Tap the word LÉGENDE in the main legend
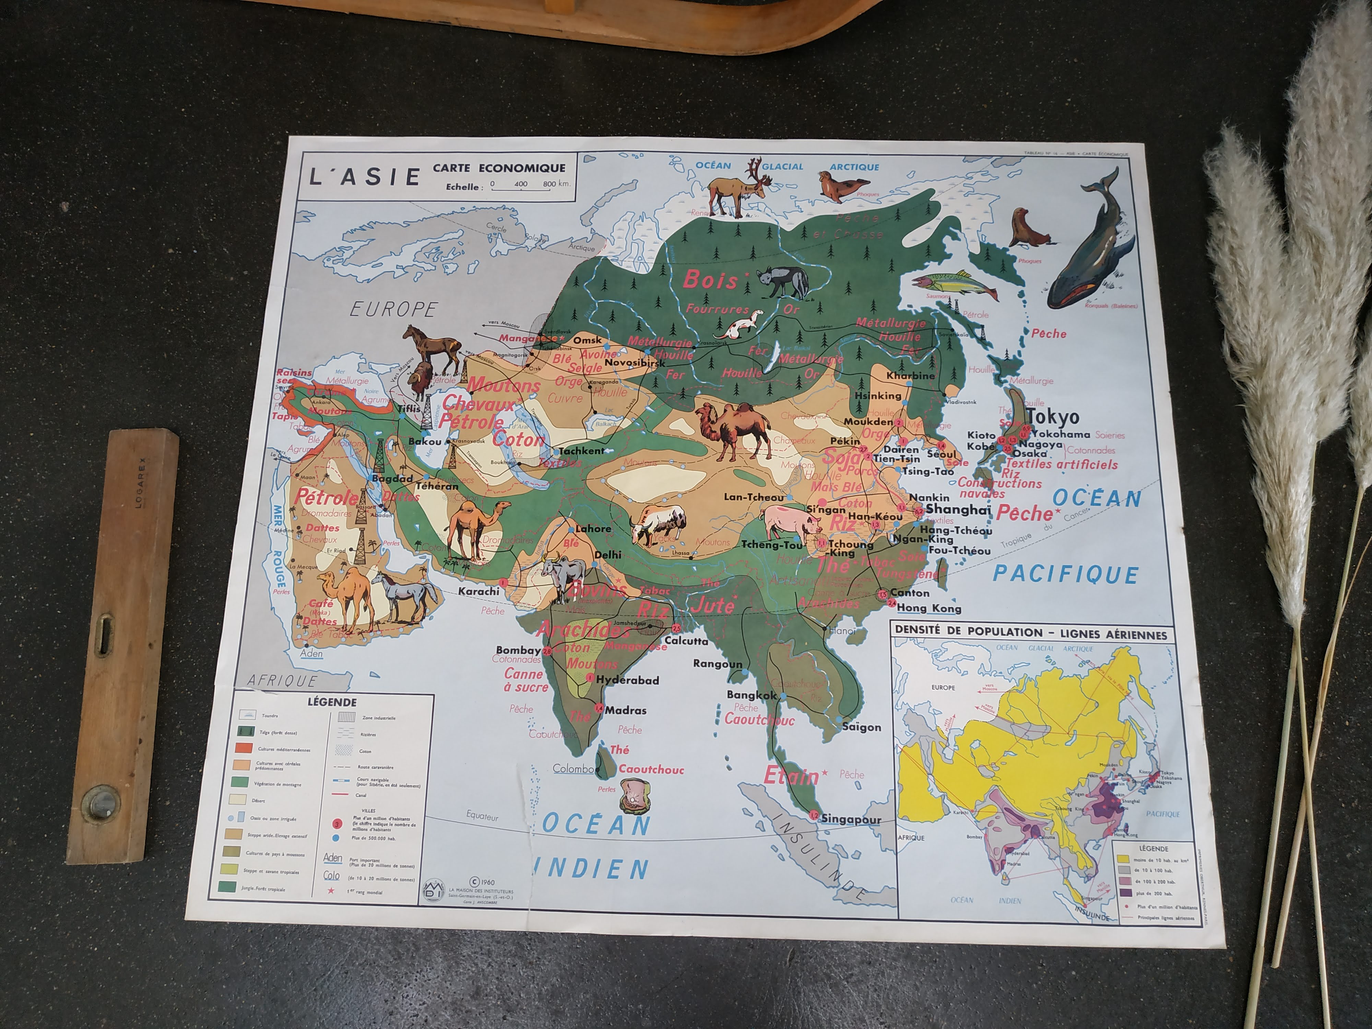click(332, 703)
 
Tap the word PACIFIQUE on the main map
click(1066, 575)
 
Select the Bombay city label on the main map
click(519, 650)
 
